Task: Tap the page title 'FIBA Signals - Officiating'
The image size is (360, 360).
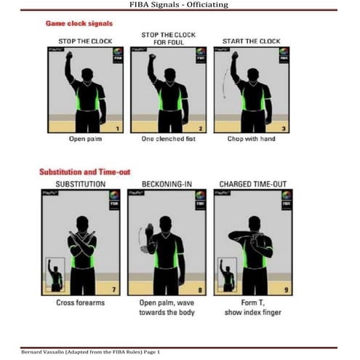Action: click(x=180, y=4)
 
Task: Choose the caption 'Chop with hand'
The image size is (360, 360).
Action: click(x=252, y=138)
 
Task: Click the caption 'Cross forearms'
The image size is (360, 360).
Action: click(x=81, y=303)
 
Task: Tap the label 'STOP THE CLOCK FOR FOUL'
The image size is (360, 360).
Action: click(x=169, y=38)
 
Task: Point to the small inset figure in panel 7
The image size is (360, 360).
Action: click(x=55, y=275)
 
